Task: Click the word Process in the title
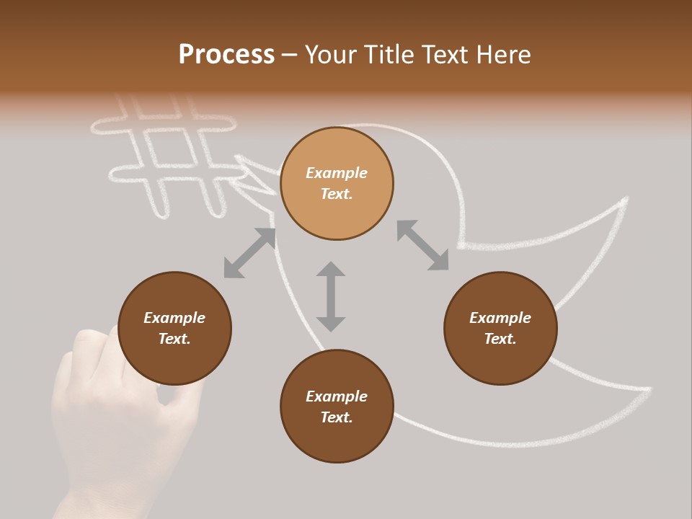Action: tap(226, 55)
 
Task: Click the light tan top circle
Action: tap(337, 184)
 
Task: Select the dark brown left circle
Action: tap(174, 329)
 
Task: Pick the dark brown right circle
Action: tap(500, 329)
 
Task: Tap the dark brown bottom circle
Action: tap(337, 407)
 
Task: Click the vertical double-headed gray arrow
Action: tap(331, 296)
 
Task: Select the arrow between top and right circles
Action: tap(422, 246)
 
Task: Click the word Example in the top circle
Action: tap(337, 173)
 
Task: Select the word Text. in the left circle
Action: tap(174, 339)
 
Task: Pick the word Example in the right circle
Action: tap(500, 318)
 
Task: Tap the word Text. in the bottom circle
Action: tap(337, 417)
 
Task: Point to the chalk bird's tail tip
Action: tap(649, 390)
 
